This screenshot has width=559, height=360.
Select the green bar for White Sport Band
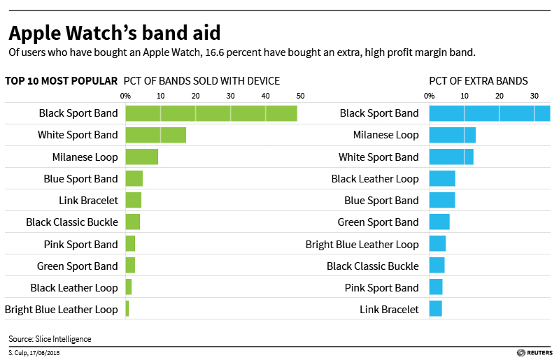156,135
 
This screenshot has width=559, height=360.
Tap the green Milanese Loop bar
142,157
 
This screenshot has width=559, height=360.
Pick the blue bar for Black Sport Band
489,113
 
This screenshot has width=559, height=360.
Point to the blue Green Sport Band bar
439,222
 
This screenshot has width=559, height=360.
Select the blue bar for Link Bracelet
435,309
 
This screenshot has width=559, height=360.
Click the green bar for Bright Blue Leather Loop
127,309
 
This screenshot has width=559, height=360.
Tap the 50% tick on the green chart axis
300,96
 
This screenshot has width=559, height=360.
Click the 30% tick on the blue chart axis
535,96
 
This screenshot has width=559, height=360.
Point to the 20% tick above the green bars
195,96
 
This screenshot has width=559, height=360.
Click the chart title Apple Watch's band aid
114,33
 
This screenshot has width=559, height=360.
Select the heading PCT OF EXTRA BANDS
479,80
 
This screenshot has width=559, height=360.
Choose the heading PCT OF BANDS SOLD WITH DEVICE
201,80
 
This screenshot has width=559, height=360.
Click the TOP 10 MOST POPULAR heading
61,80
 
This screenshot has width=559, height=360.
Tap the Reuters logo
535,354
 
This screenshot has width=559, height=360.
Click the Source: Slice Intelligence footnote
50,339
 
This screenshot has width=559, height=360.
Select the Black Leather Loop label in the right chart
375,179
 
